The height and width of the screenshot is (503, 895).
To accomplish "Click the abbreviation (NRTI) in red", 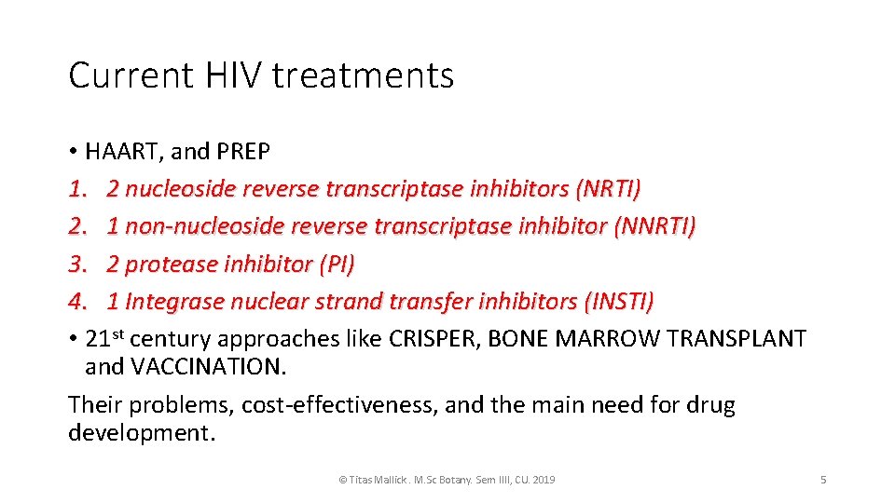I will [609, 189].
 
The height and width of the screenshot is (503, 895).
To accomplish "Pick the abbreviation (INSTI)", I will [618, 302].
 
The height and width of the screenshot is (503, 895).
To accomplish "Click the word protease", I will [172, 265].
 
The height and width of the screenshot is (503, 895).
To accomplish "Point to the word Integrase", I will [172, 302].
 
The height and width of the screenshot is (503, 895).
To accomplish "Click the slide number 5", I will [823, 480].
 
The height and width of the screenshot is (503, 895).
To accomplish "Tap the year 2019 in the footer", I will [542, 480].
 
